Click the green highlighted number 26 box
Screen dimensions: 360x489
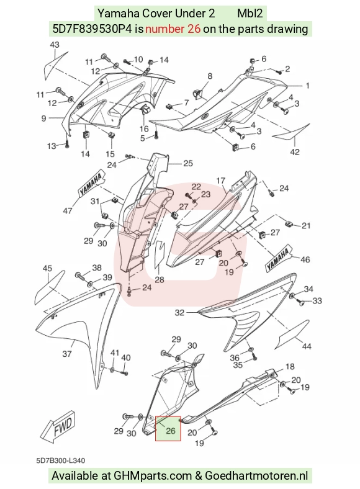pyautogui.click(x=168, y=429)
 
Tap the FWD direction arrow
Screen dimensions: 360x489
pyautogui.click(x=58, y=426)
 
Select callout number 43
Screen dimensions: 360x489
pyautogui.click(x=54, y=45)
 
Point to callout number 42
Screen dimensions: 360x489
pyautogui.click(x=295, y=152)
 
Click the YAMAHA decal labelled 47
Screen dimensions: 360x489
pyautogui.click(x=91, y=184)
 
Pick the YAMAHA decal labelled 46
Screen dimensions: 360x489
pyautogui.click(x=279, y=257)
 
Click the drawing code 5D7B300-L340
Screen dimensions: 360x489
pyautogui.click(x=60, y=460)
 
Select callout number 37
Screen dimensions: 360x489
pyautogui.click(x=67, y=354)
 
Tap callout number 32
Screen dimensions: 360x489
pyautogui.click(x=179, y=312)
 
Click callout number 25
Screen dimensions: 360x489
pyautogui.click(x=188, y=163)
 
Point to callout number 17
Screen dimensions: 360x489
pyautogui.click(x=220, y=181)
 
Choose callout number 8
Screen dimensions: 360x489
pyautogui.click(x=210, y=76)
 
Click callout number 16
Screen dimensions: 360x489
pyautogui.click(x=144, y=129)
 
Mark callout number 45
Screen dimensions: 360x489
pyautogui.click(x=47, y=268)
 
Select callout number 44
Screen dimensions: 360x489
pyautogui.click(x=307, y=346)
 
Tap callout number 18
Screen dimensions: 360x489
pyautogui.click(x=290, y=366)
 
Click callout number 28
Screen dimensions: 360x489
pyautogui.click(x=160, y=279)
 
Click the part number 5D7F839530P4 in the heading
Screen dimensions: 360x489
pyautogui.click(x=92, y=29)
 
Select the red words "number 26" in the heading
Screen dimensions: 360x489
pyautogui.click(x=173, y=29)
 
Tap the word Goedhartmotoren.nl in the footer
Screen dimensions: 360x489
pyautogui.click(x=256, y=475)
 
